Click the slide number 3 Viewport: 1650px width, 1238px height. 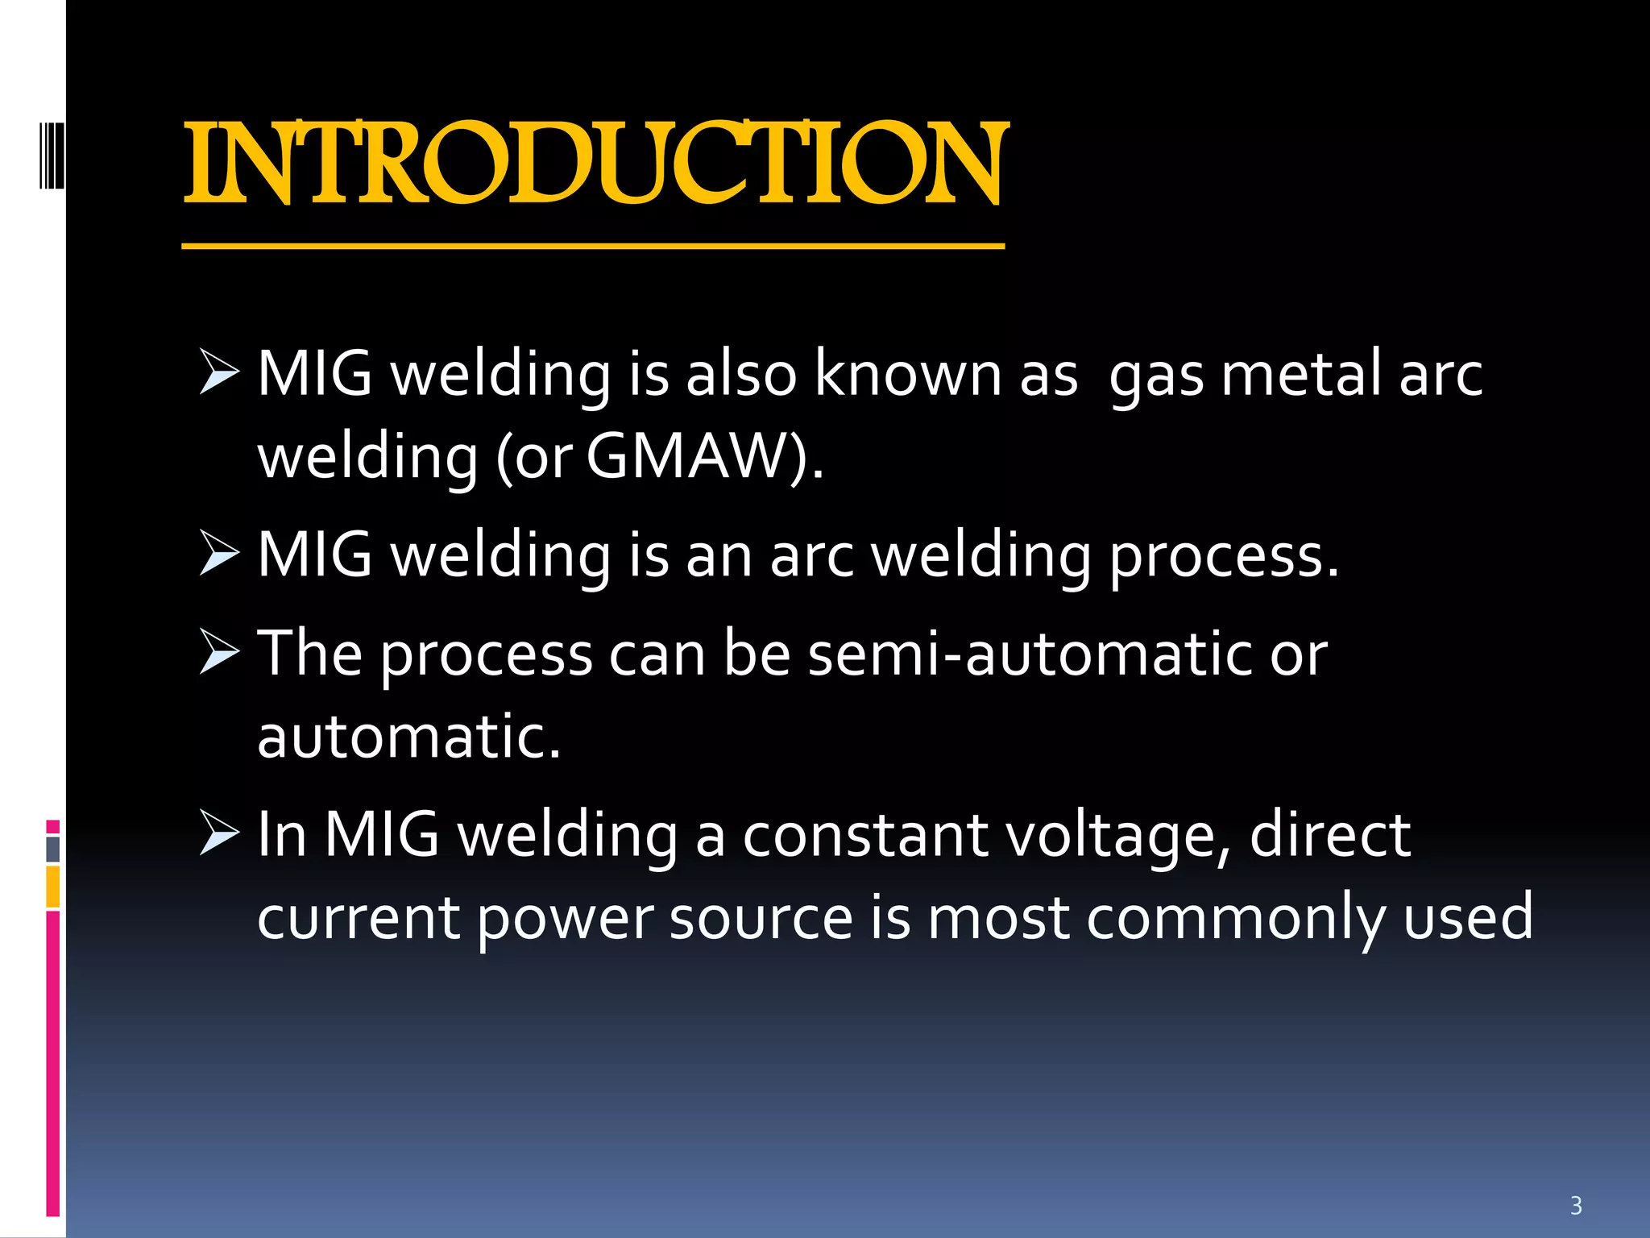pos(1576,1206)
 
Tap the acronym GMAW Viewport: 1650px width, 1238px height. pos(686,457)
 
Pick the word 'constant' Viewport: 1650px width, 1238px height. pos(865,835)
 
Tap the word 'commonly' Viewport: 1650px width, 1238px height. pos(1236,918)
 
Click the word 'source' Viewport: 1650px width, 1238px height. pos(761,918)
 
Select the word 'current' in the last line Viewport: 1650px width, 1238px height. pos(358,918)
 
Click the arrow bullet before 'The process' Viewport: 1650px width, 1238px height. pos(219,652)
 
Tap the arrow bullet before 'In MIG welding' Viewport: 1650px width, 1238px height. pos(219,833)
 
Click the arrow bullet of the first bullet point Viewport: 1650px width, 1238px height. pos(219,372)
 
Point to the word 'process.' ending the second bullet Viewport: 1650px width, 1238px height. pos(1224,556)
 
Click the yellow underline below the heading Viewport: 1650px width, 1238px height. pos(593,246)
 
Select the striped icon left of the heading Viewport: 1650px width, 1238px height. pos(52,155)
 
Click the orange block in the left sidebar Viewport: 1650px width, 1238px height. pos(53,887)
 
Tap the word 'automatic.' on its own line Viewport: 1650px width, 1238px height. pos(408,737)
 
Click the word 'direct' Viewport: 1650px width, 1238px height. pos(1330,835)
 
